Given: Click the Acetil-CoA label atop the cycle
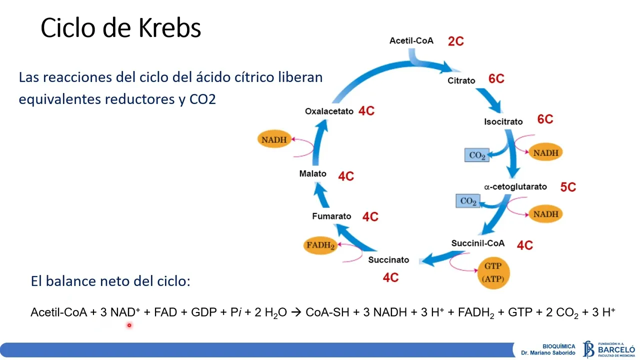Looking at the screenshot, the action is (411, 40).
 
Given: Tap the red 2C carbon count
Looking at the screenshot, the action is (455, 41).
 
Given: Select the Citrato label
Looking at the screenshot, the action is (461, 80).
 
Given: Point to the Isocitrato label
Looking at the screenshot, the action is (503, 121).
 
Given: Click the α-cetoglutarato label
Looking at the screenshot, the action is (515, 186).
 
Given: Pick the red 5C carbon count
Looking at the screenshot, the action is (568, 187).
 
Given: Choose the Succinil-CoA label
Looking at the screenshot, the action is (477, 243).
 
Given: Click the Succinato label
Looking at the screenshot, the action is (388, 260).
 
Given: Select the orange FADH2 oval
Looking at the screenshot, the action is (320, 245).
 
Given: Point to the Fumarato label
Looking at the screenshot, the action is (331, 216).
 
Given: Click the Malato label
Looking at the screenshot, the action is (312, 173).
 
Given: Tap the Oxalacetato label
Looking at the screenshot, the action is (329, 111).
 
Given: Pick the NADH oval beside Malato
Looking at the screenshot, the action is (274, 139).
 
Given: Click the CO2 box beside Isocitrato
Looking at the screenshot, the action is (477, 155).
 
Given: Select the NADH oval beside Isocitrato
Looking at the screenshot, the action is (545, 152).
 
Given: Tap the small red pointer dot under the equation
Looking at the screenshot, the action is (128, 325).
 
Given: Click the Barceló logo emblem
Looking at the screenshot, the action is (588, 349).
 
